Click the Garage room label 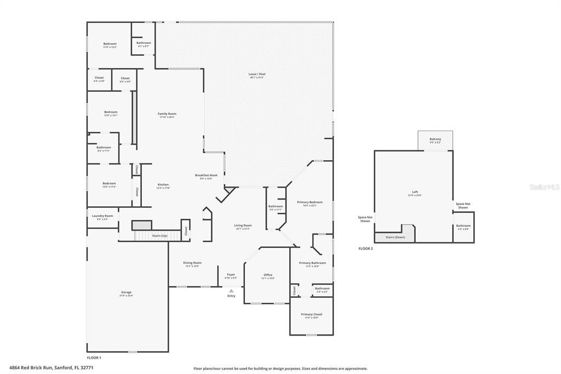coord(127,292)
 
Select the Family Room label coord(167,114)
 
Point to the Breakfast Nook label coord(207,175)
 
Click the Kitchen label coord(163,184)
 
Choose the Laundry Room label coord(102,216)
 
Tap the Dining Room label coord(192,263)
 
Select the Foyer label coord(231,275)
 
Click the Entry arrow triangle coord(231,291)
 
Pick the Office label coord(268,275)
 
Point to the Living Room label coord(243,225)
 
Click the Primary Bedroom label coord(310,202)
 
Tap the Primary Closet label coord(312,314)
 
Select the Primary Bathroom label coord(312,263)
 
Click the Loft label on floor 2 coord(415,192)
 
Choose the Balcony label coord(435,139)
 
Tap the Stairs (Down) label coord(395,237)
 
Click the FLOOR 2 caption coord(365,249)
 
